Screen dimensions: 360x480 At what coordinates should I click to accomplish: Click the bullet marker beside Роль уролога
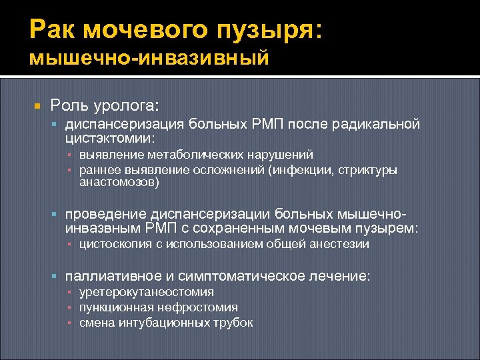(38, 106)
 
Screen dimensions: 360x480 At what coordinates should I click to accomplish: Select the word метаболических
(187, 155)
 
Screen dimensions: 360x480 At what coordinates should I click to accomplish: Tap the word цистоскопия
(115, 245)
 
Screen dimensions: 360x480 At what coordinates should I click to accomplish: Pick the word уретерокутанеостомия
(146, 292)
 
